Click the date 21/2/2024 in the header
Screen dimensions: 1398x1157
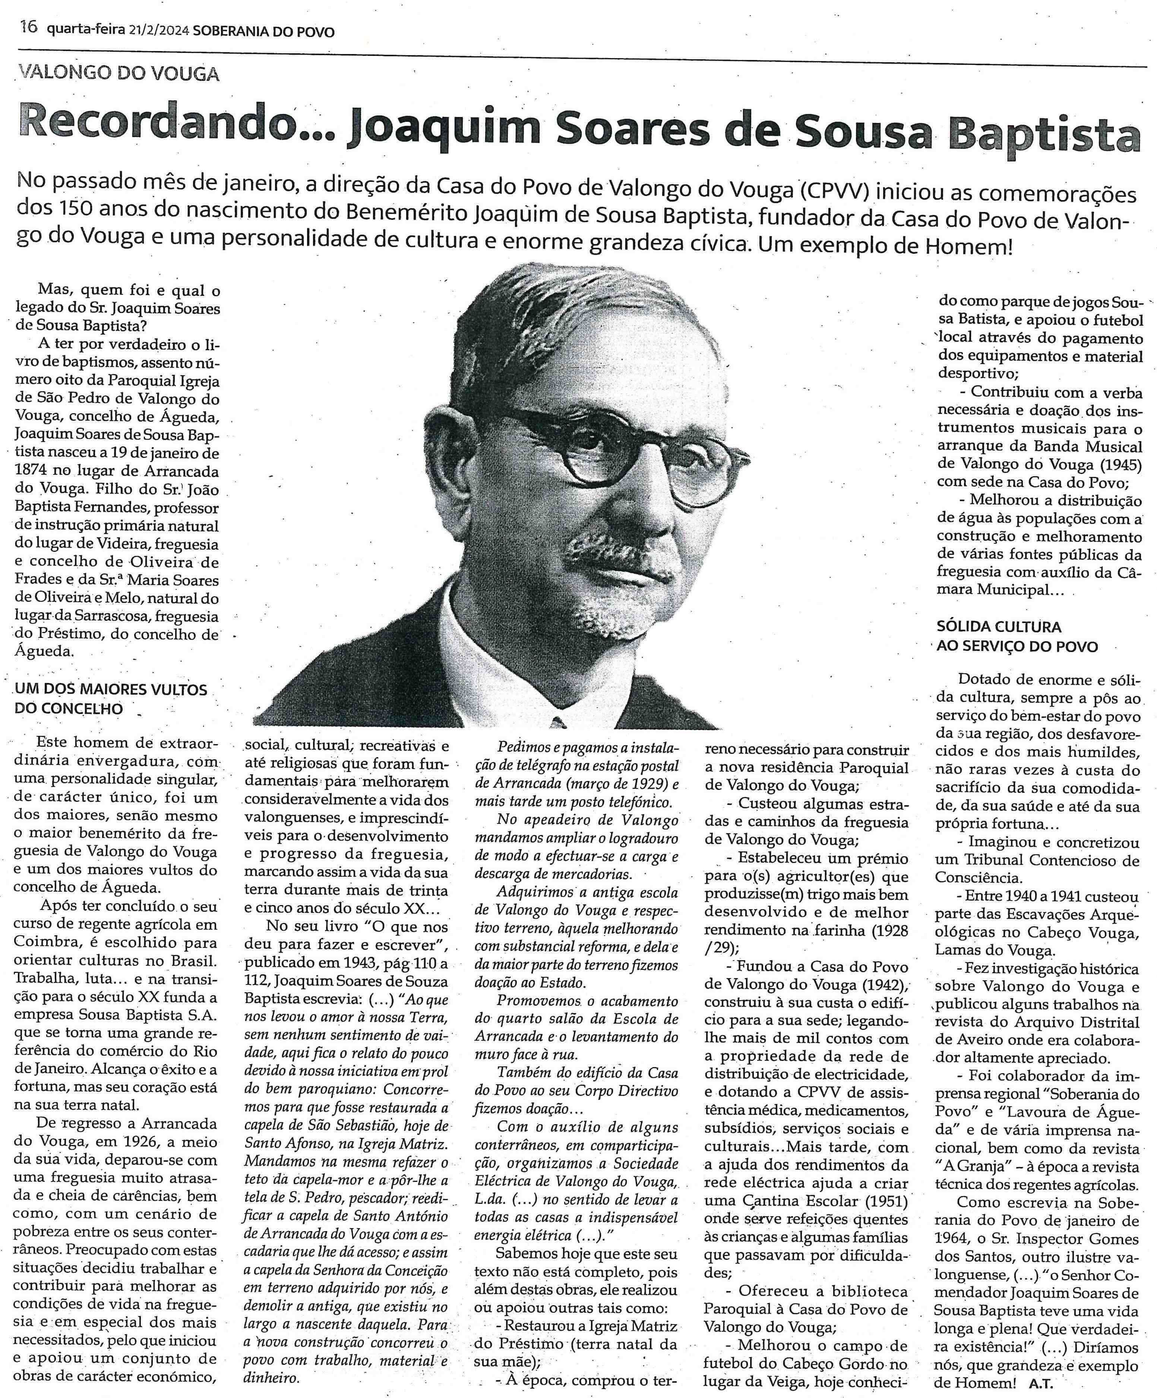point(157,31)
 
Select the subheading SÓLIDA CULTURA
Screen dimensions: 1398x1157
point(999,626)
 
